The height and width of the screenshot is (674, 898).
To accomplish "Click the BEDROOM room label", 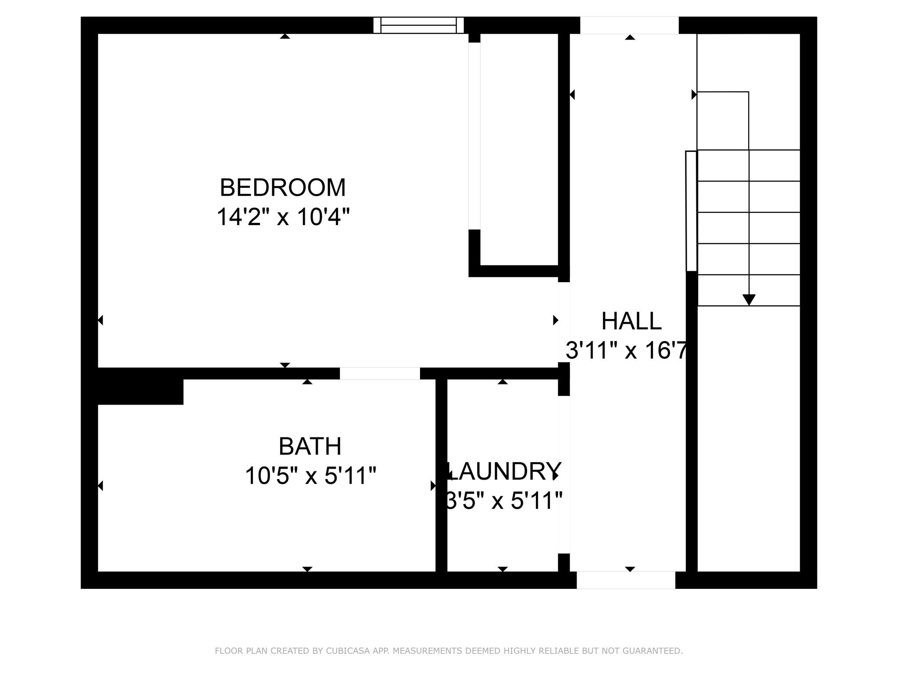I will [283, 188].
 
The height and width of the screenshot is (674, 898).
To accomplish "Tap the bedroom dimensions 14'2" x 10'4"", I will [283, 217].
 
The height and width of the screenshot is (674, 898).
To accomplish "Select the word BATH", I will [310, 447].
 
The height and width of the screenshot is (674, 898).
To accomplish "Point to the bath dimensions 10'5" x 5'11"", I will [310, 476].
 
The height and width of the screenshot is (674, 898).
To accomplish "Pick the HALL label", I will [631, 321].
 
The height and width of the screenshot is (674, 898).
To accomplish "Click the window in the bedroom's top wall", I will [418, 25].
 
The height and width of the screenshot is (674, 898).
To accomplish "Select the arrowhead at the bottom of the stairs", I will [749, 300].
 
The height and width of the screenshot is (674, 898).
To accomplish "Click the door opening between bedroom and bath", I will [380, 373].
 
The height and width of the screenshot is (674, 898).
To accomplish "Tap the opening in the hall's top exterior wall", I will [629, 25].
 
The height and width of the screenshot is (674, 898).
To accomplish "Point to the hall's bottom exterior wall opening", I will [626, 580].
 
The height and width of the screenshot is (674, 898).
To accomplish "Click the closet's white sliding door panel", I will [474, 136].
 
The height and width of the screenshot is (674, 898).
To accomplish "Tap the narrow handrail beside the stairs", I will [691, 211].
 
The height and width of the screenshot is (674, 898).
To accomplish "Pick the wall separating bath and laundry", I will [441, 475].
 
